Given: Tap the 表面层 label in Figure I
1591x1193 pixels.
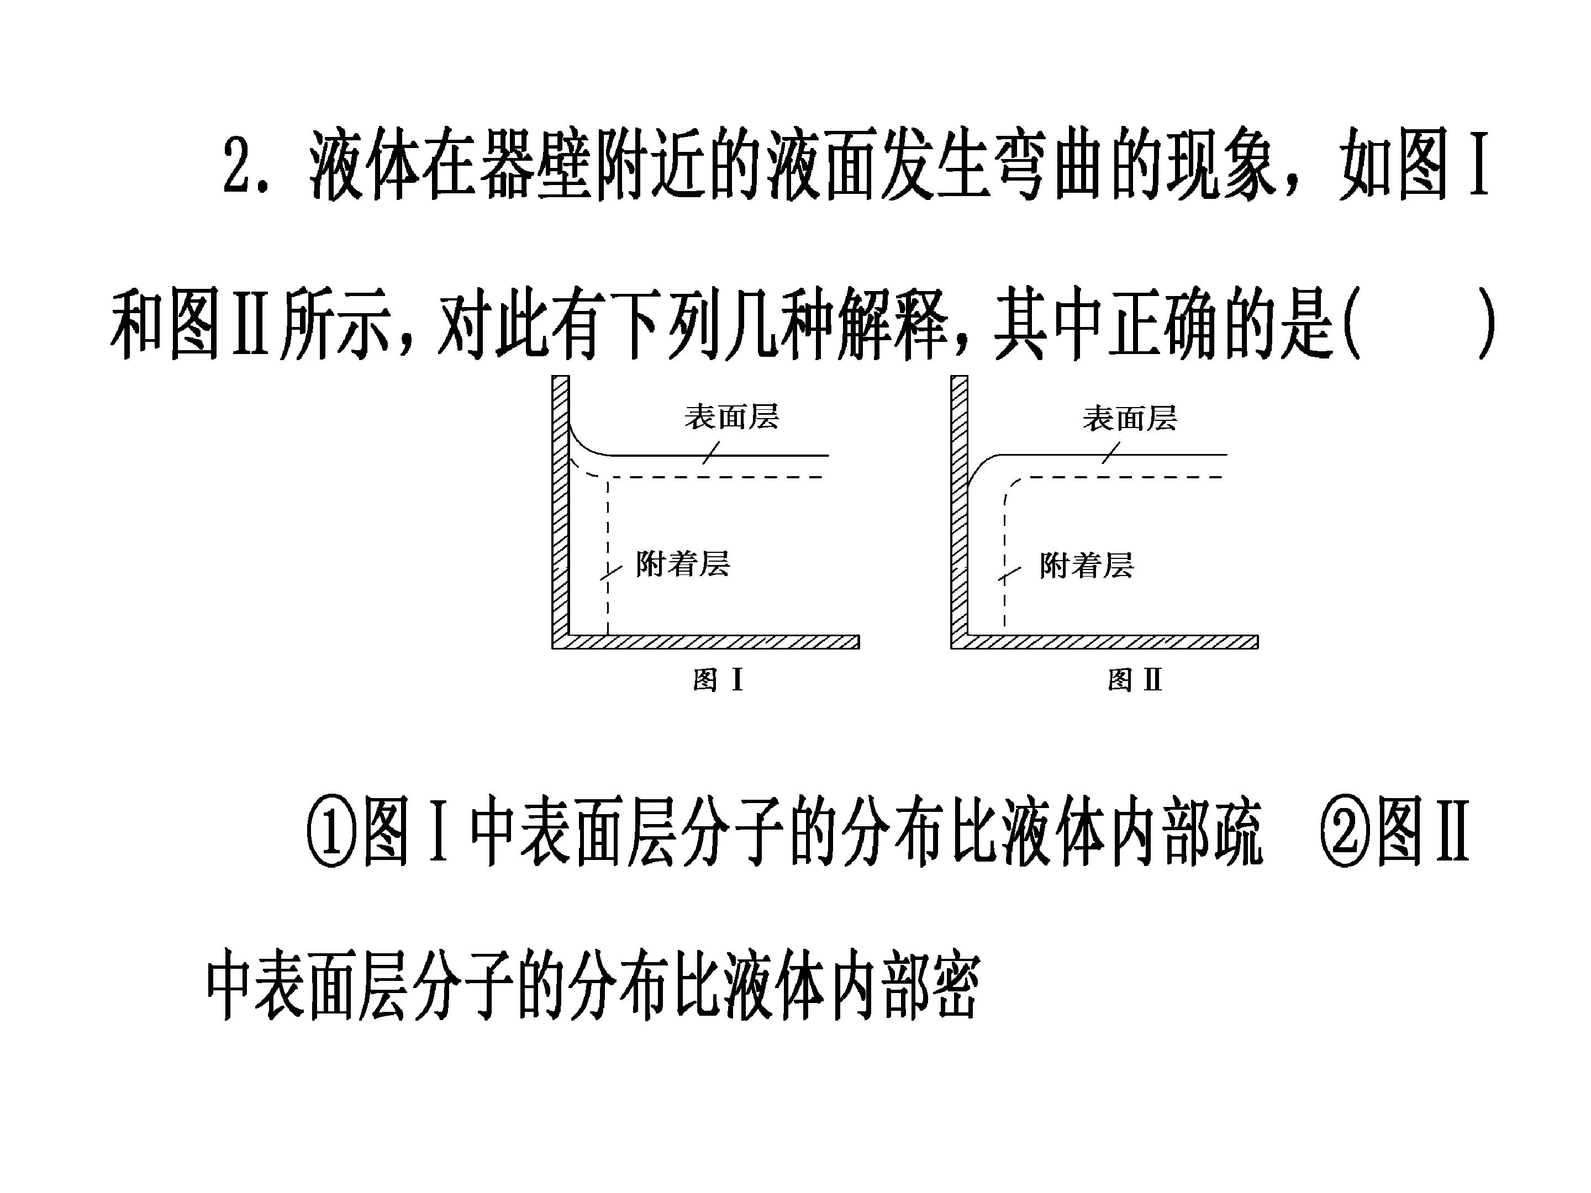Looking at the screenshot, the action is point(731,417).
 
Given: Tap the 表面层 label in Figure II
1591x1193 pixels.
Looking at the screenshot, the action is point(1130,419).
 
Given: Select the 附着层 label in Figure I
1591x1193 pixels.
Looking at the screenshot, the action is point(683,564).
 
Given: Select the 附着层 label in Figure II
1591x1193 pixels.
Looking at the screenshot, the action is point(1087,566).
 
